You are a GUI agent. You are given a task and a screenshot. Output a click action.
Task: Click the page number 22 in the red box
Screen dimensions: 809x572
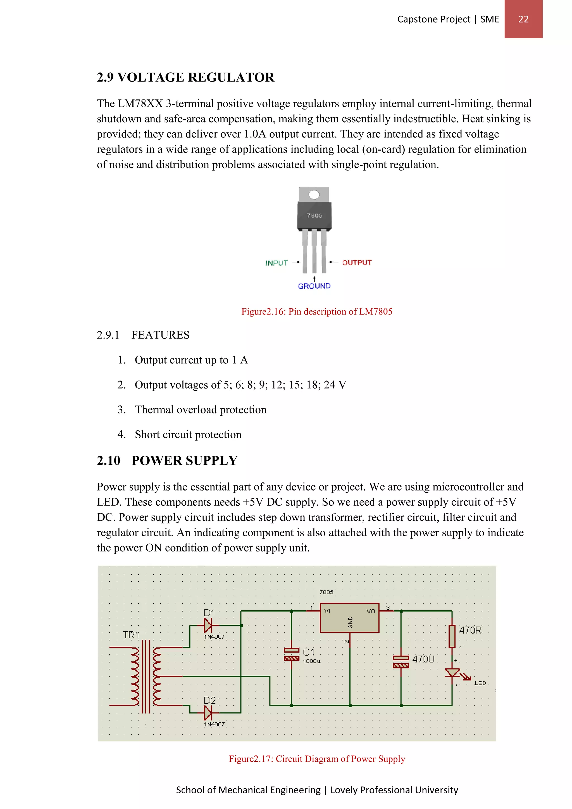click(523, 19)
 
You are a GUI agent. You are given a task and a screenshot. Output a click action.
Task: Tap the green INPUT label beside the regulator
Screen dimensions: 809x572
click(277, 263)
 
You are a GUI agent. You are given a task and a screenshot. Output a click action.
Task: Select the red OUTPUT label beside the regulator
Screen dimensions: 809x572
click(356, 263)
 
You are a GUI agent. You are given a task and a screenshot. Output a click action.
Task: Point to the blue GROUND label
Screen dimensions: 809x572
click(314, 286)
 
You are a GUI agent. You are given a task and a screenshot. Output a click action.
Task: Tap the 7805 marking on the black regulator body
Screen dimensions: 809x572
click(314, 215)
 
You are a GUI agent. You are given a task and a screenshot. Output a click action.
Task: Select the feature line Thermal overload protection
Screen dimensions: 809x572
click(201, 410)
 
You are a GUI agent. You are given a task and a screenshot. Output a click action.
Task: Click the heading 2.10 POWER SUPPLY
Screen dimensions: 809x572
click(167, 461)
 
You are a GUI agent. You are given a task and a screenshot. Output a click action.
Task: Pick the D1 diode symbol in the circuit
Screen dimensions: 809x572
click(208, 625)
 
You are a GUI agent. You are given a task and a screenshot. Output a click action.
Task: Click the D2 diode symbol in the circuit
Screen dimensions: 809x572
click(208, 713)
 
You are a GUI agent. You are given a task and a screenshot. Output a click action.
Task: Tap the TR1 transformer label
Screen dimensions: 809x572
click(131, 635)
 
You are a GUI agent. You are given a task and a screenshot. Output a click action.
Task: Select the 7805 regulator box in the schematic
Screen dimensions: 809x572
click(349, 618)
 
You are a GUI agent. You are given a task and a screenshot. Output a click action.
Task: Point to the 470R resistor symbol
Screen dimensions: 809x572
click(452, 636)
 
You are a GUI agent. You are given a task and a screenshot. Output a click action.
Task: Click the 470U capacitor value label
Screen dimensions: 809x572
click(423, 659)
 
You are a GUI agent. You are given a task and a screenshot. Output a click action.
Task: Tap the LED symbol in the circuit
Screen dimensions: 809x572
click(452, 673)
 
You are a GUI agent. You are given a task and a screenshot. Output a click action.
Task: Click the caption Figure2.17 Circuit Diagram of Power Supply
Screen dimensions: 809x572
click(317, 759)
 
